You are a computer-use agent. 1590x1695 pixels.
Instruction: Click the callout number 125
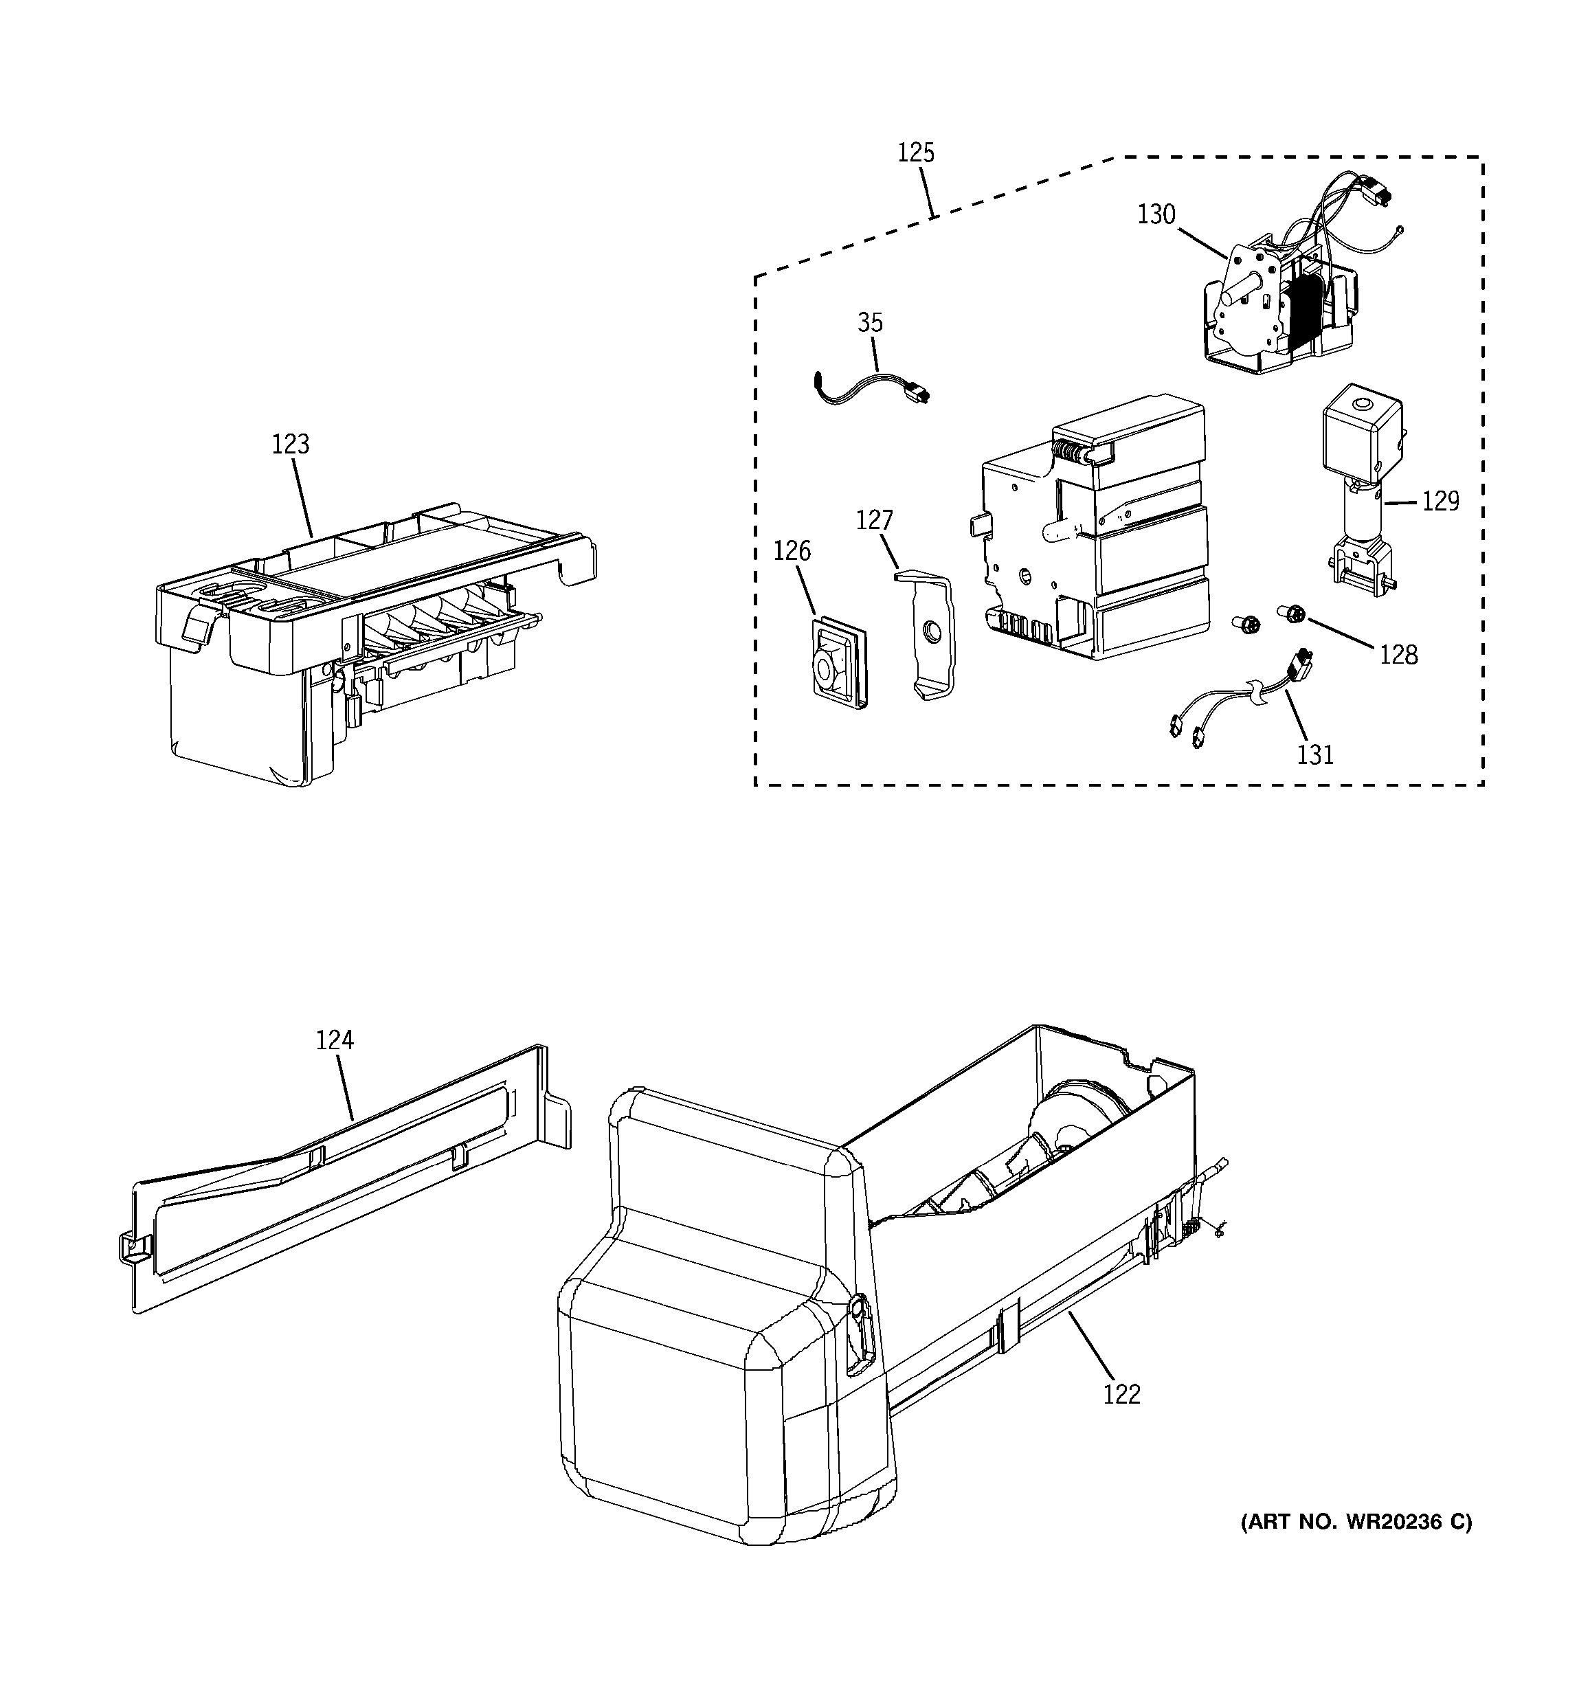coord(916,153)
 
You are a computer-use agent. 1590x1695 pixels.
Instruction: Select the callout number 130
coord(1156,214)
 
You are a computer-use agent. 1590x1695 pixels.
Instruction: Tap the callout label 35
coord(870,322)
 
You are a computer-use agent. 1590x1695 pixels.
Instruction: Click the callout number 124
coord(334,1040)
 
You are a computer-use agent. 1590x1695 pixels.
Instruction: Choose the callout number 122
coord(1121,1393)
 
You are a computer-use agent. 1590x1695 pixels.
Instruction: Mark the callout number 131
coord(1314,754)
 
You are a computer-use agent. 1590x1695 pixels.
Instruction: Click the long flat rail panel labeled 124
coord(341,1177)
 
